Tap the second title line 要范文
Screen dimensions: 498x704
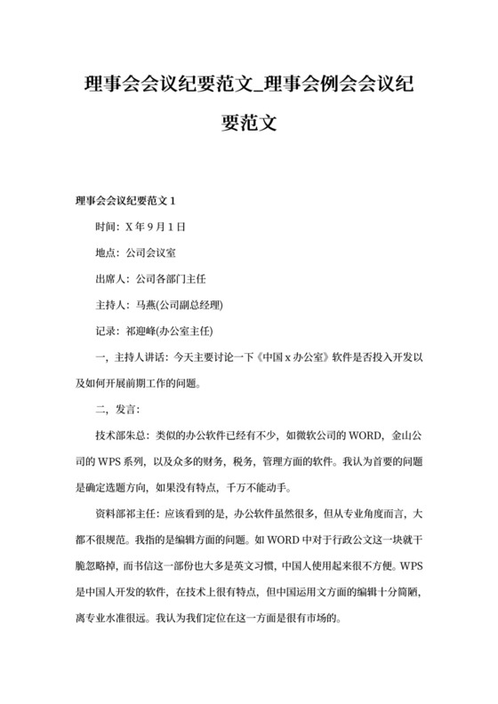coord(249,124)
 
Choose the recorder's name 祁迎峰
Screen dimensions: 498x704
coord(148,332)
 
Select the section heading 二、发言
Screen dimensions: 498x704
coord(112,410)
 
